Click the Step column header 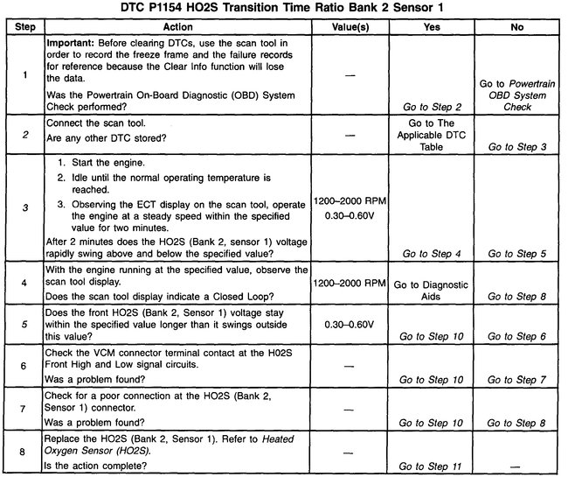23,27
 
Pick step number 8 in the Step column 23,452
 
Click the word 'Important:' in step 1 71,42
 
